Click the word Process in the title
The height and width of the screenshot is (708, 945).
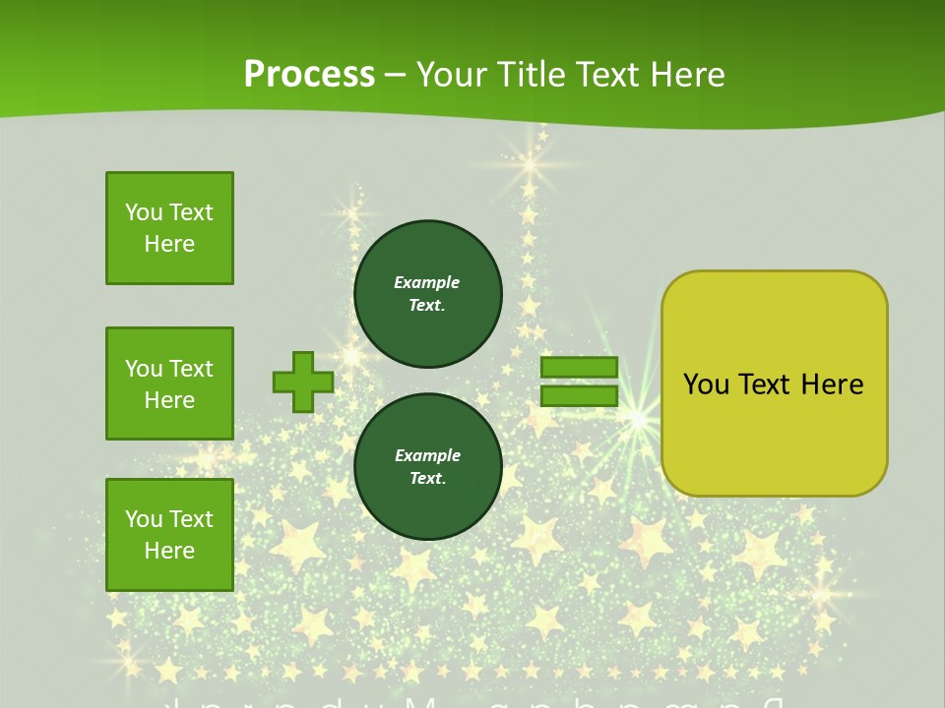point(309,75)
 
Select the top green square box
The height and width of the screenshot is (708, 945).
point(169,228)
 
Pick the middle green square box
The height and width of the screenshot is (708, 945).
point(169,383)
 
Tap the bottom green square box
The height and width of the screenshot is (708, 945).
point(169,534)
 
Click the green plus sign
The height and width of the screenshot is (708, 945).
point(302,382)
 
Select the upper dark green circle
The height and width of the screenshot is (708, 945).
point(427,293)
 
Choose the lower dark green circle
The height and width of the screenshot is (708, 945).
point(427,466)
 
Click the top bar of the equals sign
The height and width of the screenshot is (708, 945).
point(579,367)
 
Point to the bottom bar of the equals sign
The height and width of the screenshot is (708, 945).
point(579,395)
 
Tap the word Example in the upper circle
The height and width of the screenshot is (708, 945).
point(427,282)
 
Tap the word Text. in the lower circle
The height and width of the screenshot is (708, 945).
point(427,478)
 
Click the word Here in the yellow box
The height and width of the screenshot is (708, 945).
point(832,384)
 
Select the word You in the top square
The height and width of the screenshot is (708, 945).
point(144,212)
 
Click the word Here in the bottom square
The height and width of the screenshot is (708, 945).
point(169,551)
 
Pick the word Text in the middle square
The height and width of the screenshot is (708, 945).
point(191,369)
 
